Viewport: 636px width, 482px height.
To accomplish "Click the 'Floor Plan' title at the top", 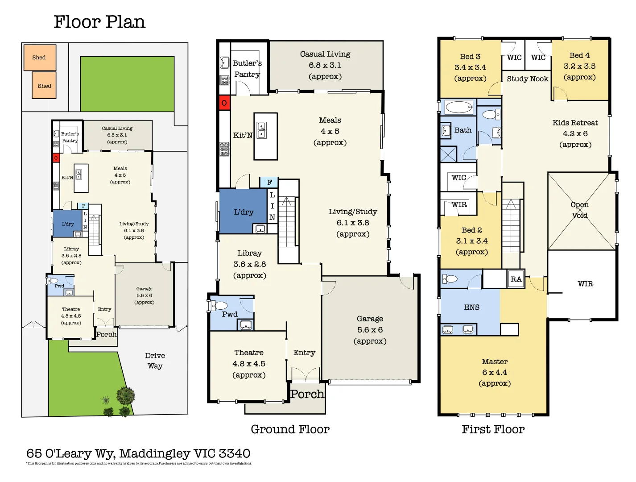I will (x=99, y=22).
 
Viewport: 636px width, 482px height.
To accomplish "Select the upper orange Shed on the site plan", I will (x=40, y=58).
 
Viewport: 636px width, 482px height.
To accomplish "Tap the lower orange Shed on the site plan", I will (x=44, y=86).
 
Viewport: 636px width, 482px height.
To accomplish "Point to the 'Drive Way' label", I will (x=155, y=361).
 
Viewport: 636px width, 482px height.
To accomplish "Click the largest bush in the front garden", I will (x=126, y=395).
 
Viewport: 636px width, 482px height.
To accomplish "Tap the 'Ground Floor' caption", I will (x=290, y=429).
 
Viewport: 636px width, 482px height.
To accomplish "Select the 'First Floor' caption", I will (x=493, y=429).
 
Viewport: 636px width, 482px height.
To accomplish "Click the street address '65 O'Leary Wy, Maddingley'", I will (x=138, y=453).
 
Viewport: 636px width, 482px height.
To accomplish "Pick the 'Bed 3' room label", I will (x=470, y=57).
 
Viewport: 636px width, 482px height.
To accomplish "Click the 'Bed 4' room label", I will (x=579, y=55).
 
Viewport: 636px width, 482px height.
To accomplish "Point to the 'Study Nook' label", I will (x=527, y=79).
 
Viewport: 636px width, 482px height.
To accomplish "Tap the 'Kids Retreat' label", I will (x=575, y=123).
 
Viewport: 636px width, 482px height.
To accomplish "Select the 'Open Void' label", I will (x=580, y=210).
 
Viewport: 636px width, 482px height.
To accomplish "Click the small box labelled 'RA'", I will (x=516, y=279).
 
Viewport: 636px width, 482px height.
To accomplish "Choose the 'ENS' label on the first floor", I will (x=471, y=307).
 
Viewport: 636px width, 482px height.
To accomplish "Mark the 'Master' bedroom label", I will (x=495, y=361).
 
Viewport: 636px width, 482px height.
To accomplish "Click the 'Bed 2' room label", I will (x=471, y=230).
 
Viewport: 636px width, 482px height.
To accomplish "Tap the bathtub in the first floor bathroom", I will (x=459, y=108).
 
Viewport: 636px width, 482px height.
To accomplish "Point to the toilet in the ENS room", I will (x=450, y=279).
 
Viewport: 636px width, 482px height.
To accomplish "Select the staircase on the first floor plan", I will (x=511, y=228).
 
